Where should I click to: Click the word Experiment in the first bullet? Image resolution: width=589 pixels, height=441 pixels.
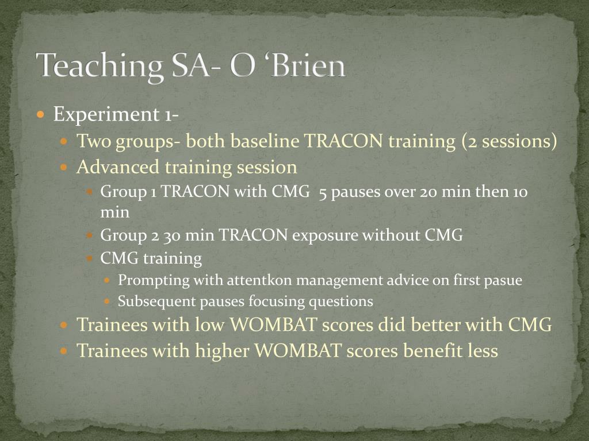point(106,114)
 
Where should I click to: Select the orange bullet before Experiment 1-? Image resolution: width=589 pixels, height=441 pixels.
point(41,114)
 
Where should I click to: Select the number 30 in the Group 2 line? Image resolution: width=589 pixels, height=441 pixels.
point(172,235)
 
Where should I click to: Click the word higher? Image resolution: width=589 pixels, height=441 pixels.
point(222,351)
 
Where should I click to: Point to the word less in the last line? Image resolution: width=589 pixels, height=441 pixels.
point(483,351)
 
